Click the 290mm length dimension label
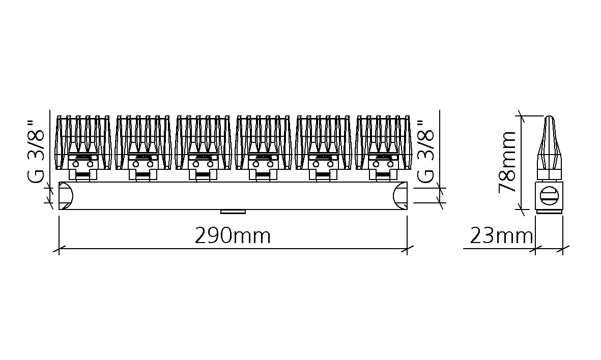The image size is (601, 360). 233,236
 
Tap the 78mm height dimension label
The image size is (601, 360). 507,162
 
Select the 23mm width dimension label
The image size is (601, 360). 501,236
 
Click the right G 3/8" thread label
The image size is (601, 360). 425,152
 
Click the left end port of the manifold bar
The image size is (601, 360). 66,196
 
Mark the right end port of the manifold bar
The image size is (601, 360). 400,196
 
